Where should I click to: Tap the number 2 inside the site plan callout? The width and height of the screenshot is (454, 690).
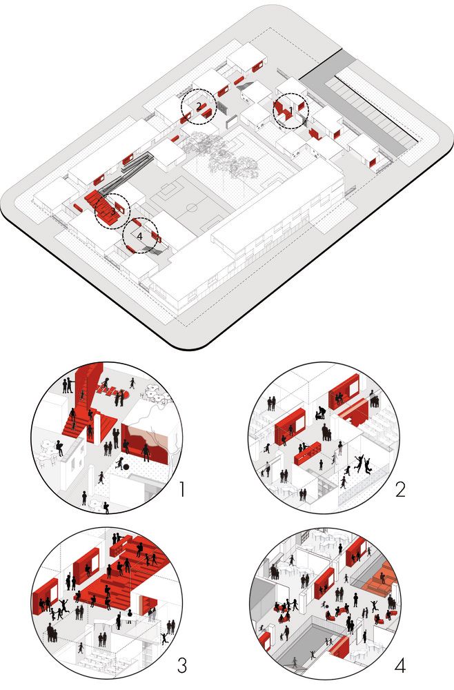[199, 106]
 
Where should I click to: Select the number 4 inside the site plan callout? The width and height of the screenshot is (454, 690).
[140, 236]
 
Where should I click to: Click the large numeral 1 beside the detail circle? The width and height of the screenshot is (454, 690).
[181, 489]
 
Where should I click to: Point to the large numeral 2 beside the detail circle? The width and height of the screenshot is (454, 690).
[399, 489]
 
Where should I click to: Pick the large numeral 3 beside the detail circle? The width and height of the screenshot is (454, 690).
[182, 665]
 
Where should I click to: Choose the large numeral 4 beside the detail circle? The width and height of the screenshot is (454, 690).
[400, 666]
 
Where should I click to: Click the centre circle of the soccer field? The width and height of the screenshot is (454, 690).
[192, 207]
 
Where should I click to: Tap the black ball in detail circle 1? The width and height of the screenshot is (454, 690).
[126, 467]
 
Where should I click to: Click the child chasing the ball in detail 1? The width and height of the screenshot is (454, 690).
[119, 463]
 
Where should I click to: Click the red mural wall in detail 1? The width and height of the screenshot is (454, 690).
[145, 444]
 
